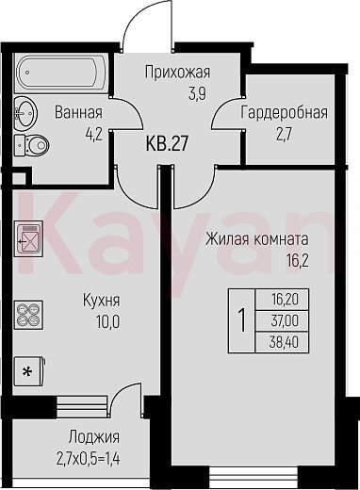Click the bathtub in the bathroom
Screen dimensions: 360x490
[x=61, y=73]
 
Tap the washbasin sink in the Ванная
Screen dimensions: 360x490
[x=25, y=112]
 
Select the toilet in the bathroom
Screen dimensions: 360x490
[x=32, y=145]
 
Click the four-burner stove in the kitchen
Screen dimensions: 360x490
[x=28, y=315]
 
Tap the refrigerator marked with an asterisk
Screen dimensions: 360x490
[x=29, y=371]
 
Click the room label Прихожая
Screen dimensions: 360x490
[x=177, y=73]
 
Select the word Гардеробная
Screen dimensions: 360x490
[x=284, y=112]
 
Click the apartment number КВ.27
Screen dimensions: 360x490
[x=167, y=143]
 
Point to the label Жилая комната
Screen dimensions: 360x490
[x=257, y=239]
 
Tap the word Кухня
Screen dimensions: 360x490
[x=101, y=301]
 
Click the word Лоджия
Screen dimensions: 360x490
[x=94, y=436]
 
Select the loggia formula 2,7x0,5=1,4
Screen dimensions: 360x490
[x=89, y=459]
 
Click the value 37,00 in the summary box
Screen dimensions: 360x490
[x=285, y=321]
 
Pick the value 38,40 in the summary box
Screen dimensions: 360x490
[x=284, y=342]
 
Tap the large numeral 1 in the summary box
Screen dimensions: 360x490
[x=242, y=319]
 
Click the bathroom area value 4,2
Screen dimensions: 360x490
[x=94, y=135]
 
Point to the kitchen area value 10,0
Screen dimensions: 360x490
[x=108, y=322]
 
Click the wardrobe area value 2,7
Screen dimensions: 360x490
[x=285, y=136]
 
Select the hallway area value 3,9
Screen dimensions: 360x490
[x=197, y=93]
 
